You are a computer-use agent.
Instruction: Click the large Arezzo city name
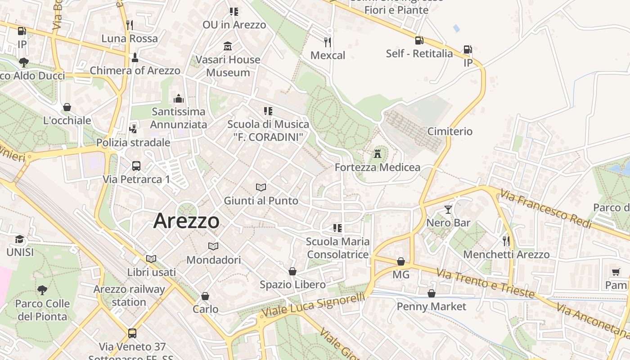tap(186, 221)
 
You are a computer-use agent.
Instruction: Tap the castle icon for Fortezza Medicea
tap(378, 154)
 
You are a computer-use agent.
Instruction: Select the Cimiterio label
tap(450, 131)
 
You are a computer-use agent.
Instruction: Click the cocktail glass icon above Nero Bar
tap(448, 209)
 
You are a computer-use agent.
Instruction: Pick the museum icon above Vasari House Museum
tap(228, 46)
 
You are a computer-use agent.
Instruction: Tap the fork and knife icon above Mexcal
tap(328, 42)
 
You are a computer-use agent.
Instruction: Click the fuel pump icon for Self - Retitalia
tap(419, 40)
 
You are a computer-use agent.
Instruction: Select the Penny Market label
tap(431, 306)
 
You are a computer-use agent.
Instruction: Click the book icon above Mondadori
tap(213, 247)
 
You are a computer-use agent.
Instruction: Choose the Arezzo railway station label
tap(129, 295)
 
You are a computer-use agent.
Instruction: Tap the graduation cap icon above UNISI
tap(19, 239)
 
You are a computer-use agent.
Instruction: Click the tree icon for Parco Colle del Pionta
tap(42, 290)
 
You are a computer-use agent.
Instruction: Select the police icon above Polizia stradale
tap(133, 129)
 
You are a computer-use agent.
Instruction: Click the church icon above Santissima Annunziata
tap(179, 98)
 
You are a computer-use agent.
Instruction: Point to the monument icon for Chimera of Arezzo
tap(135, 58)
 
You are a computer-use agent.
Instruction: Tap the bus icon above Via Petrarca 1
tap(136, 166)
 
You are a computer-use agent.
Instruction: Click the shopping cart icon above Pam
tap(616, 272)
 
